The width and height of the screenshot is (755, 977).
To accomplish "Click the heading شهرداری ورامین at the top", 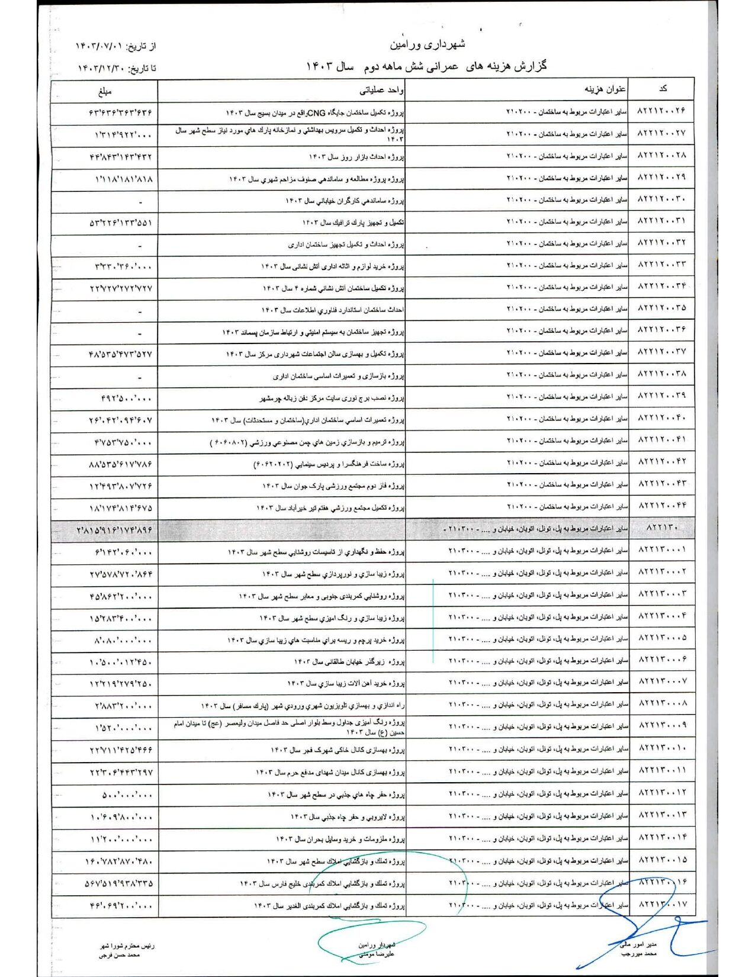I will click(428, 44).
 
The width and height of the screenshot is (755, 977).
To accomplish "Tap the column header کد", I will click(663, 89).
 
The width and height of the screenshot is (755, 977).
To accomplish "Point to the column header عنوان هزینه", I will click(605, 89).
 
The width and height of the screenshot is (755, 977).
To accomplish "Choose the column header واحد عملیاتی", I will click(381, 91).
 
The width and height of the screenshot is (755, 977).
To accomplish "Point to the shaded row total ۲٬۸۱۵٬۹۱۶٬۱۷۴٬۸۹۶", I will click(114, 531).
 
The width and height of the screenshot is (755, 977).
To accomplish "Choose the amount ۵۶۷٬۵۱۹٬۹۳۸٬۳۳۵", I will click(119, 883).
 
